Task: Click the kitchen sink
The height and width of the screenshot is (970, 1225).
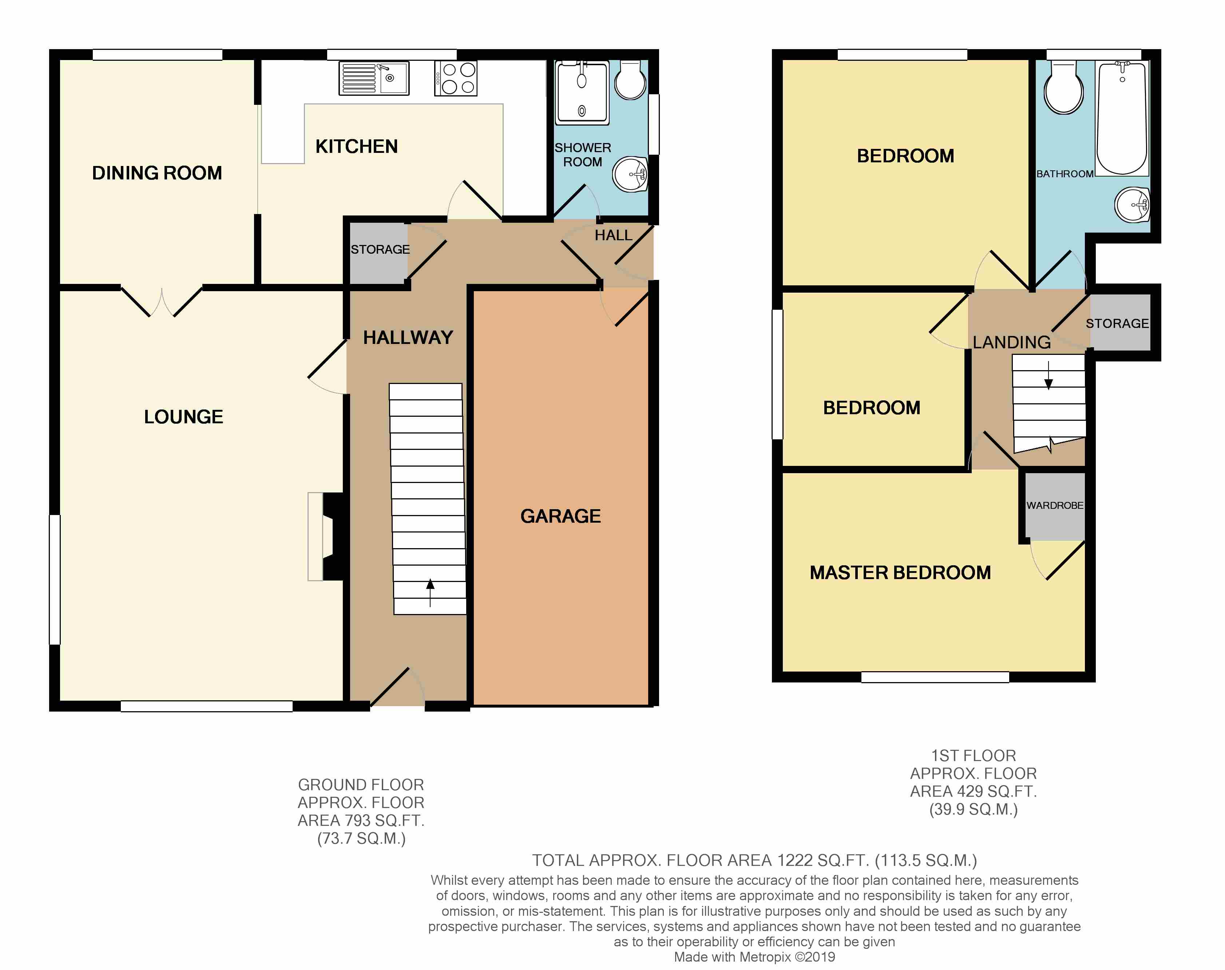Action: tap(374, 78)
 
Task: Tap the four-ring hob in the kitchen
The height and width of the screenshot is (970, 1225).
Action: tap(456, 78)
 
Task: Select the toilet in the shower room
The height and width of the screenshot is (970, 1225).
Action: tap(630, 79)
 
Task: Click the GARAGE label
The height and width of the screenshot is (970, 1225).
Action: tap(560, 516)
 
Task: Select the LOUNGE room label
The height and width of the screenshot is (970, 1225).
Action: tap(183, 417)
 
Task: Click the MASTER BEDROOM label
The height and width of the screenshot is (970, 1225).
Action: tap(900, 573)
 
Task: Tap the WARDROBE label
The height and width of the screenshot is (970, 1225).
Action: tap(1055, 506)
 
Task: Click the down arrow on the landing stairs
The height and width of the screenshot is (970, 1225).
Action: tap(1048, 375)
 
